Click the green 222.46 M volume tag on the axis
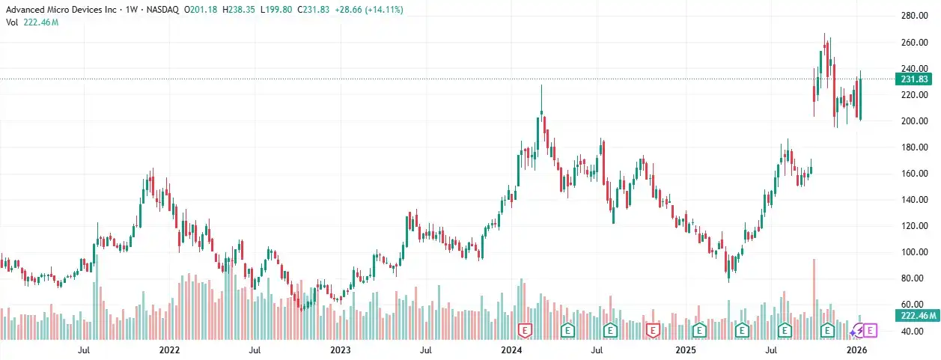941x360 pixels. coord(916,316)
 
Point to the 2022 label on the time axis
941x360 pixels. coord(170,350)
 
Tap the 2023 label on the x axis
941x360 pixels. coord(341,350)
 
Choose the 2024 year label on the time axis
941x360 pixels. coord(511,350)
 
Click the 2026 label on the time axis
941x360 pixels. coord(856,350)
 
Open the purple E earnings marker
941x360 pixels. coord(870,329)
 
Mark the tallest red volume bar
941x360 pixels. coord(814,292)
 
